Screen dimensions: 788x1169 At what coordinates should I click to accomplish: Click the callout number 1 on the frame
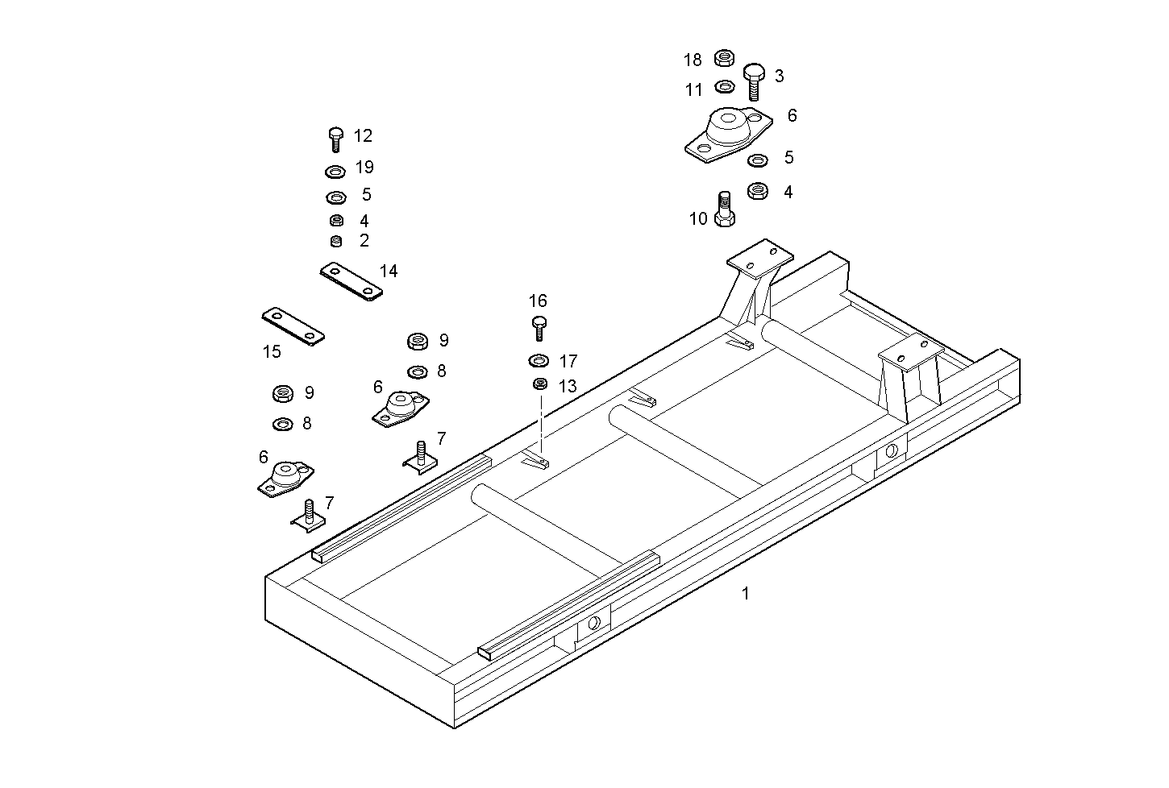click(746, 594)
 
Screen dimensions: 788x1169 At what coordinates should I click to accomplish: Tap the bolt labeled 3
click(753, 81)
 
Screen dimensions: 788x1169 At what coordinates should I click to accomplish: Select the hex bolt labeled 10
click(724, 209)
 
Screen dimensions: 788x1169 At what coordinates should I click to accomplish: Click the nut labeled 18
click(724, 58)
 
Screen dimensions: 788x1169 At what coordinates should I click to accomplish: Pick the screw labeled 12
click(336, 139)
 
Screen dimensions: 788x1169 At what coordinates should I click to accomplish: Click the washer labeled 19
click(335, 171)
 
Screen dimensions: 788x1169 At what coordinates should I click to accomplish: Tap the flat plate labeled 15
click(292, 325)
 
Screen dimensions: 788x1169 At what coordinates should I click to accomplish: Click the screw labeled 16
click(539, 327)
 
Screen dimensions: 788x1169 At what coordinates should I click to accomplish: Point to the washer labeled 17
click(539, 359)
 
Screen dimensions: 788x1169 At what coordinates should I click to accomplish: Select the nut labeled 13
click(540, 384)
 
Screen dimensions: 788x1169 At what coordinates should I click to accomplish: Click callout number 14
click(389, 272)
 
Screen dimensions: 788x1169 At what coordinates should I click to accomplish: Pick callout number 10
click(698, 218)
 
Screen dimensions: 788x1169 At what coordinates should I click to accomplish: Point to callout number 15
click(272, 352)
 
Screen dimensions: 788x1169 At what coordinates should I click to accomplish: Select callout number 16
click(538, 301)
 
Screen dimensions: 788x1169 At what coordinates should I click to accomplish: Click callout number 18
click(693, 60)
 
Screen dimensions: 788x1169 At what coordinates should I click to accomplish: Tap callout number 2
click(364, 240)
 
